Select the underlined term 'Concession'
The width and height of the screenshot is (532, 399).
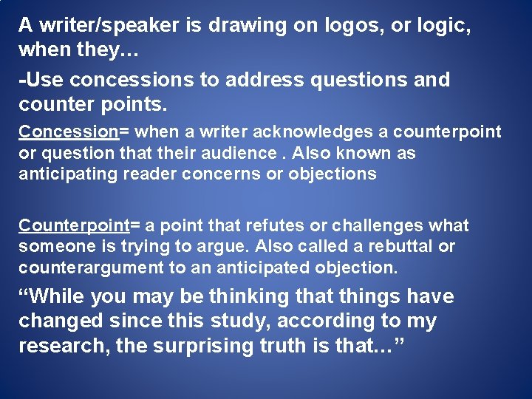69,132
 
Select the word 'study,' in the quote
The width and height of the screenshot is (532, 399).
228,321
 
